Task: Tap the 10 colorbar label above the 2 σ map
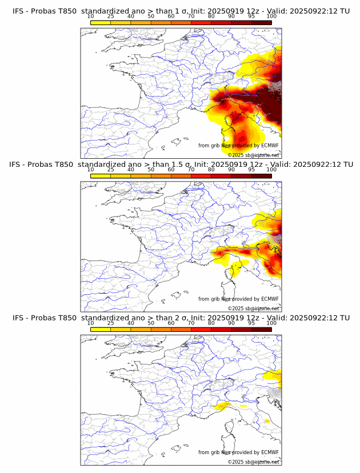pos(90,323)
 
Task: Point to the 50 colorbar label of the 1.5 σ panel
pos(151,169)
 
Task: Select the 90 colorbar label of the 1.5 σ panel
pos(231,169)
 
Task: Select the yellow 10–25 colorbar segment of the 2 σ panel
pos(101,330)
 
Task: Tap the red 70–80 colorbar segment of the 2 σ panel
pos(201,330)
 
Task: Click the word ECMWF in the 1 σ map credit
pos(270,146)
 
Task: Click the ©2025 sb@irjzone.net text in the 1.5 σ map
pos(254,308)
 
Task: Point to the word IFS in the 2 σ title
pos(18,318)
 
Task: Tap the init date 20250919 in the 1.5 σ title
pos(214,164)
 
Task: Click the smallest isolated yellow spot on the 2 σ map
pos(267,421)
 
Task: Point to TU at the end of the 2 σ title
pos(345,318)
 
